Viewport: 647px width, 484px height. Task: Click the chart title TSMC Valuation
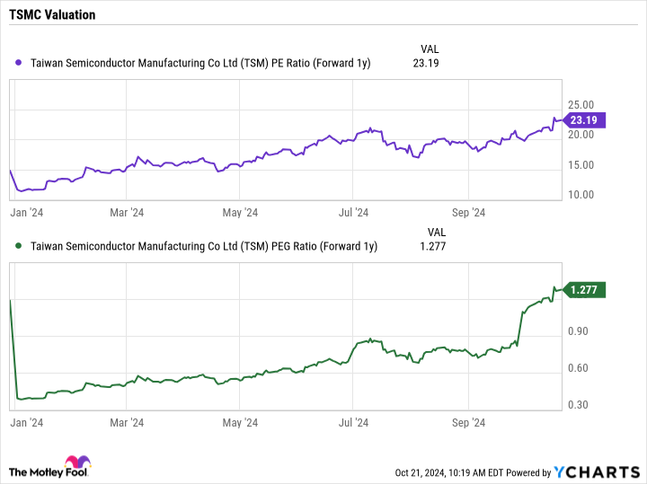pyautogui.click(x=54, y=15)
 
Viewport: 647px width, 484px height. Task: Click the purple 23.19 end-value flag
pyautogui.click(x=584, y=119)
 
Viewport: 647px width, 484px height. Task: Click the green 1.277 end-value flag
pyautogui.click(x=584, y=289)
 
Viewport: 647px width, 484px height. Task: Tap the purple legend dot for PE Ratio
pyautogui.click(x=20, y=64)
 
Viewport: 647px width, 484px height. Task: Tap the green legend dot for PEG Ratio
pyautogui.click(x=20, y=246)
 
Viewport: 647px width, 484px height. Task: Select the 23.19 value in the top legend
pyautogui.click(x=426, y=64)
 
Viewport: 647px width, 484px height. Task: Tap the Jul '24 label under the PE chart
pyautogui.click(x=353, y=213)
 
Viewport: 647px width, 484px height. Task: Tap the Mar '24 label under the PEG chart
pyautogui.click(x=127, y=422)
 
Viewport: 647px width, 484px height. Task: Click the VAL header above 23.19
pyautogui.click(x=430, y=48)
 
